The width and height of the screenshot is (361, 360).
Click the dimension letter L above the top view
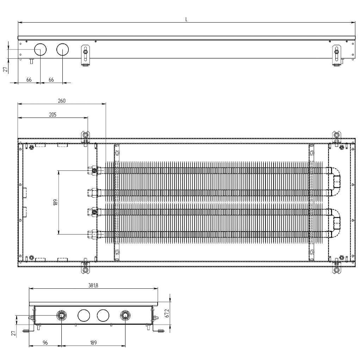coord(186,19)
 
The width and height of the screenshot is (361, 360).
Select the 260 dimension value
coord(61,101)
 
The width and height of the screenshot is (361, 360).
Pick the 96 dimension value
coord(45,342)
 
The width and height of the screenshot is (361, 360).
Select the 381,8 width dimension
coord(93,286)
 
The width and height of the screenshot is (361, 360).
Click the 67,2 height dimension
coord(167,313)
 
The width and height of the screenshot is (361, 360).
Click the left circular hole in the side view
coord(40,50)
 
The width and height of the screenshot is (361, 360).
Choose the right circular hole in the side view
coord(62,50)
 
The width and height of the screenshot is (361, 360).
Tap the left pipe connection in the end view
coord(62,315)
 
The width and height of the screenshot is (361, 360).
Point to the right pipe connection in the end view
coord(125,315)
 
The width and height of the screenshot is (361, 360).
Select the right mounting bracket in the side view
coord(337,54)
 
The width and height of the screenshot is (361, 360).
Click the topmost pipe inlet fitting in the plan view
coord(94,171)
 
